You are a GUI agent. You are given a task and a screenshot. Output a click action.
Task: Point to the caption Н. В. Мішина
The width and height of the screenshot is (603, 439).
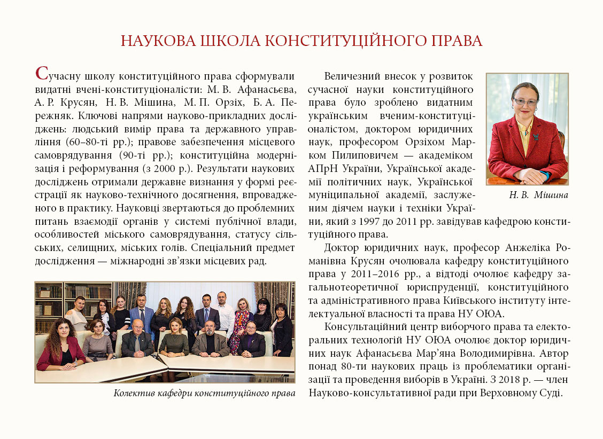pos(538,195)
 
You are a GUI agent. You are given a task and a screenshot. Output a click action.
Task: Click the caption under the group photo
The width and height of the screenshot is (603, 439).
pos(204,394)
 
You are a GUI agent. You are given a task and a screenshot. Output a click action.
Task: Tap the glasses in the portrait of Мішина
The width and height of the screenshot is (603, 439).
pos(524,101)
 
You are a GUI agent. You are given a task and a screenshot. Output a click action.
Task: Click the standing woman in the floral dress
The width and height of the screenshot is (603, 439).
pos(241,323)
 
